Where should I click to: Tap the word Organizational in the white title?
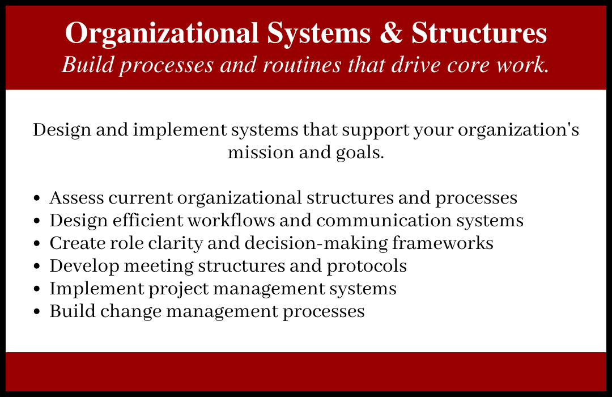[x=163, y=34]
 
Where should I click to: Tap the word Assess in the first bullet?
[x=76, y=198]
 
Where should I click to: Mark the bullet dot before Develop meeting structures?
[x=37, y=267]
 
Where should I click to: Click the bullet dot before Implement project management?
[x=37, y=289]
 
